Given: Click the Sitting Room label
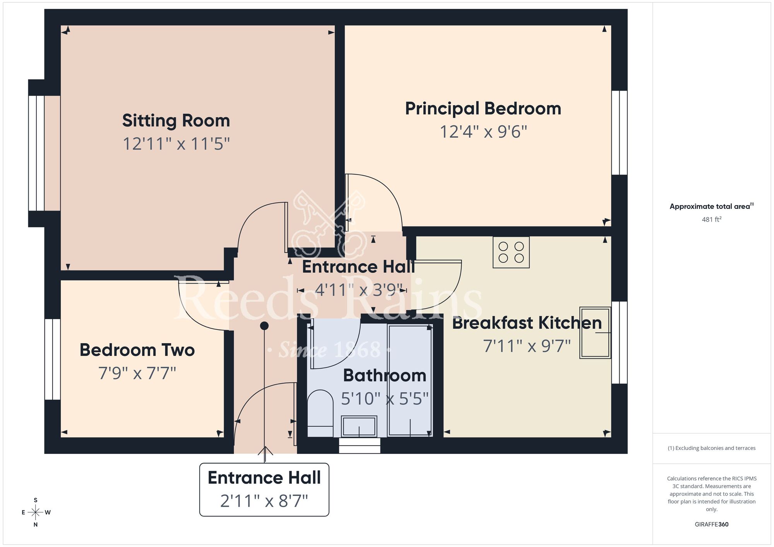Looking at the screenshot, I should click(x=176, y=121).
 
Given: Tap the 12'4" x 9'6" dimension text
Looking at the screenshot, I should click(x=483, y=132).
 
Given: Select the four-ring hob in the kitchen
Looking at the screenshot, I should click(x=511, y=252).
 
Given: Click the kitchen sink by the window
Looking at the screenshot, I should click(x=595, y=333).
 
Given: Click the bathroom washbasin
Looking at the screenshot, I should click(x=359, y=426).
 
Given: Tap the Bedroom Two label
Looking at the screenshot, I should click(x=137, y=350).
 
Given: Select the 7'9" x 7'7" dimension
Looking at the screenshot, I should click(x=137, y=373).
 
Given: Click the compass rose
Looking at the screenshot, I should click(x=36, y=513).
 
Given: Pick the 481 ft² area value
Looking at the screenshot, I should click(x=711, y=219).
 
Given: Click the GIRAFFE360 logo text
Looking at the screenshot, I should click(x=711, y=525).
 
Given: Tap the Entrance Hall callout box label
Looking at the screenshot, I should click(x=264, y=478).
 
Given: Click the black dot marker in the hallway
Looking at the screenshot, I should click(x=264, y=326).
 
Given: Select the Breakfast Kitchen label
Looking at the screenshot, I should click(x=527, y=323).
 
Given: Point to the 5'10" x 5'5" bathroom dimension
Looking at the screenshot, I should click(x=385, y=399).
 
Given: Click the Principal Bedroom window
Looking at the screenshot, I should click(x=619, y=133).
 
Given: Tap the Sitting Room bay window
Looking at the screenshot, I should click(x=36, y=153).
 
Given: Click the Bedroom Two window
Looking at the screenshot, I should click(x=52, y=359).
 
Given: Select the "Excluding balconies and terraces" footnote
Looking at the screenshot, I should click(x=711, y=448).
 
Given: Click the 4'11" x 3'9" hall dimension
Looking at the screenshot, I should click(x=359, y=290).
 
